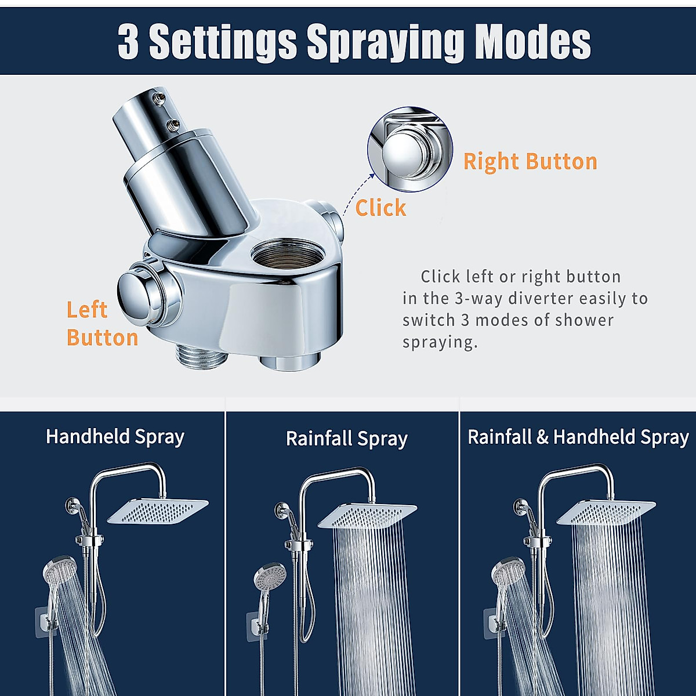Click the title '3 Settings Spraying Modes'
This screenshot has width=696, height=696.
pos(354,41)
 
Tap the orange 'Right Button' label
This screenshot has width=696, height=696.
pos(530,161)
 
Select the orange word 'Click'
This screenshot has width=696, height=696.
pos(380,208)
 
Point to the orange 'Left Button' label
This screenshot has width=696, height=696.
pos(101,324)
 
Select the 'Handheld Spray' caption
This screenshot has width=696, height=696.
pos(115,437)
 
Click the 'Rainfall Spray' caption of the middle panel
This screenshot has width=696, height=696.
pos(346,439)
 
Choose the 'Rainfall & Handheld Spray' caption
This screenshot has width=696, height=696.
pos(578,437)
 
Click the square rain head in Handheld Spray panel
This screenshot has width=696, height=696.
pos(158,510)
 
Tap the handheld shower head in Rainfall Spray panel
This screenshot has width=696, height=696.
pos(270,577)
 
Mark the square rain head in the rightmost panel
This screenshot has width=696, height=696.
pos(606,513)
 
